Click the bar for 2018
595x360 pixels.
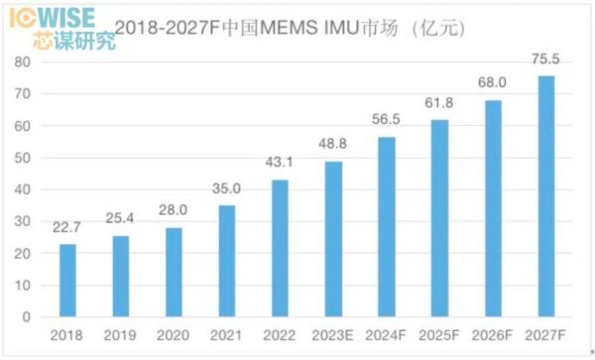click(67, 281)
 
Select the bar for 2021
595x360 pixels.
click(227, 261)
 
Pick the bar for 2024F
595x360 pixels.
click(387, 227)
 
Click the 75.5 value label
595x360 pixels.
click(546, 62)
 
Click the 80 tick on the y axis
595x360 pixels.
click(23, 61)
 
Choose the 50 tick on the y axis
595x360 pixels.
click(23, 158)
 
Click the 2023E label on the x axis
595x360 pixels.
click(334, 336)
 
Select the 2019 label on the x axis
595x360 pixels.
click(120, 336)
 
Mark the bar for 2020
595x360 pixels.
click(174, 273)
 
